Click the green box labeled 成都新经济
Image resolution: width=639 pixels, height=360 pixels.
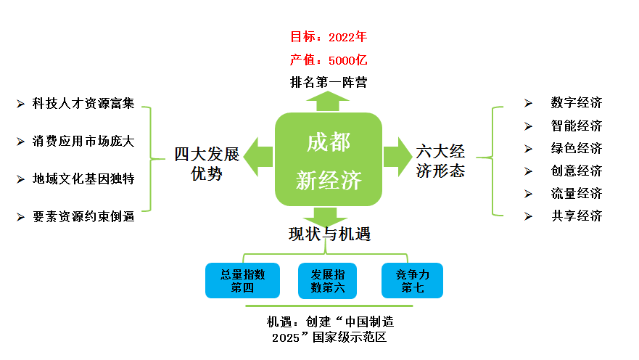pos(329,160)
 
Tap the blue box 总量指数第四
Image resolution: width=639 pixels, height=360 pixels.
pos(243,281)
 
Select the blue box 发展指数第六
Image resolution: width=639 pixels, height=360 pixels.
pos(328,281)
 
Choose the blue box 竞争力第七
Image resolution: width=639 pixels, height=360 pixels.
pos(412,281)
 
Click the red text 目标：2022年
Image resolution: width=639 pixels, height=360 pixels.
pos(329,36)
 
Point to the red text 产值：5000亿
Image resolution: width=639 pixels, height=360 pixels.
pos(329,60)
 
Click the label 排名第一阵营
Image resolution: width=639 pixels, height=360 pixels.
pos(329,82)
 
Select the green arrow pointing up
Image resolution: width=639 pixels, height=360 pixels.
pos(328,102)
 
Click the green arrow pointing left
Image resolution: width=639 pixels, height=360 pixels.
pos(258,157)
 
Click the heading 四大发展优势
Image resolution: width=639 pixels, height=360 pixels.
pos(207,164)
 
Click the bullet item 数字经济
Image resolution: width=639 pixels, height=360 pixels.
pos(576,103)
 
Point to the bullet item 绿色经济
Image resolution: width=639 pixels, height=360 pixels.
pos(576,149)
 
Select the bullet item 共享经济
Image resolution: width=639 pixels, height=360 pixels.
pos(576,216)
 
